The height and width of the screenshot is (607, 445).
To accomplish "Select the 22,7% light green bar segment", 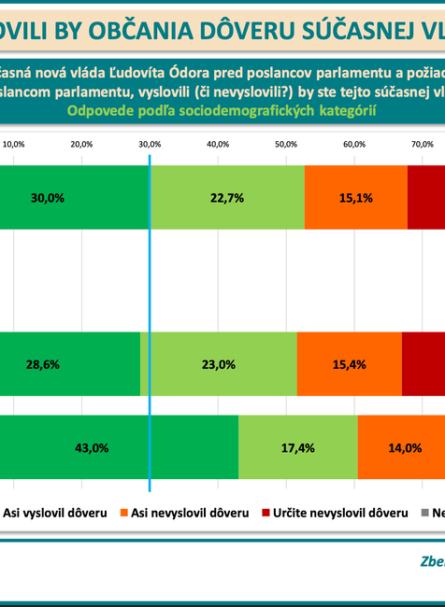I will point(227,198).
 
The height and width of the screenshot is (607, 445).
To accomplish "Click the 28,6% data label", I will point(44,364).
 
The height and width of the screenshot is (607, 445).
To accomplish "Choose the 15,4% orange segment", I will point(349,364).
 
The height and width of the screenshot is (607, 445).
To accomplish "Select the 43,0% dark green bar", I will point(91,447).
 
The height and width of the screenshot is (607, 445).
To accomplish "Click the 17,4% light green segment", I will point(298,447).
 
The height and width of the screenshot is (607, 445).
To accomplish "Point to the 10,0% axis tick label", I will point(14,145).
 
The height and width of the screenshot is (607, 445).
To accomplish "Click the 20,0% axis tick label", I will point(81,145).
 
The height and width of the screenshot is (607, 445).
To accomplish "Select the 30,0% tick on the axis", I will point(150,145).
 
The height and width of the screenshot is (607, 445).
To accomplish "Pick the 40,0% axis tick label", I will point(218,145).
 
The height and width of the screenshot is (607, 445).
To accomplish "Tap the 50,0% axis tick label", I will point(286,145).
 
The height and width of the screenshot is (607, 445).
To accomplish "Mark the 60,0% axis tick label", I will point(354,145).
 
